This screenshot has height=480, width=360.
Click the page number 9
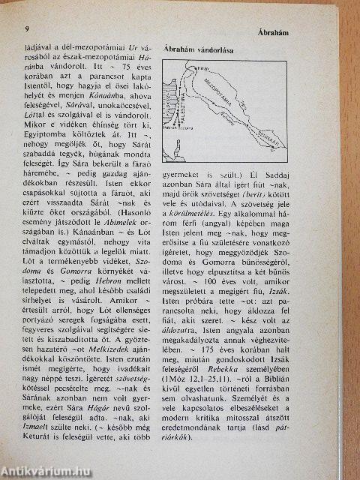tap(27, 29)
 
